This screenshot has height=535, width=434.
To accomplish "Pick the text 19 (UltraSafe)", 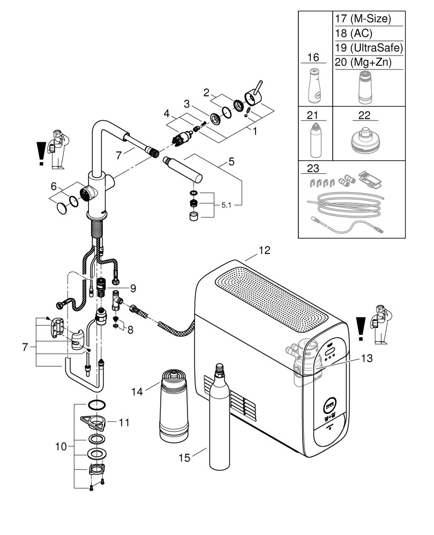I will click(x=368, y=48).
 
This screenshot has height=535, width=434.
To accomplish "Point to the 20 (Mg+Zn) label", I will click(x=363, y=63).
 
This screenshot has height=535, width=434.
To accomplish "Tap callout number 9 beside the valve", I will click(x=132, y=288).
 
